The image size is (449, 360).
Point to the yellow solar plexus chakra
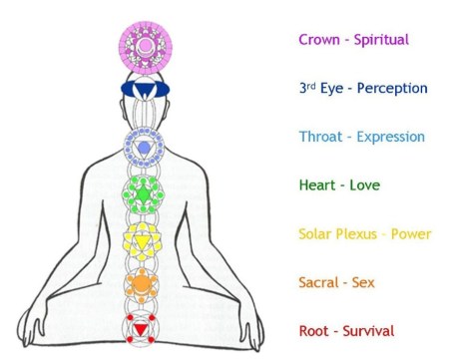(x=143, y=239)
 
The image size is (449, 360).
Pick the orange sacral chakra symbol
(x=143, y=284)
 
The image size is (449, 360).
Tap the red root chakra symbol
(x=143, y=327)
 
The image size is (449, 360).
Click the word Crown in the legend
(x=318, y=40)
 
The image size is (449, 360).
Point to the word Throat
(x=319, y=137)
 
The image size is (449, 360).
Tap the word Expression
(x=390, y=138)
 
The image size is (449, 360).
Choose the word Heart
(x=316, y=185)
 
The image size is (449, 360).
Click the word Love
(x=364, y=185)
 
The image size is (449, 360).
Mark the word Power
(x=409, y=234)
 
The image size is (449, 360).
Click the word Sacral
(x=319, y=283)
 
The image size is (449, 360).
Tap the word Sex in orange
(x=363, y=283)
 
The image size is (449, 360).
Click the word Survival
(x=367, y=331)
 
